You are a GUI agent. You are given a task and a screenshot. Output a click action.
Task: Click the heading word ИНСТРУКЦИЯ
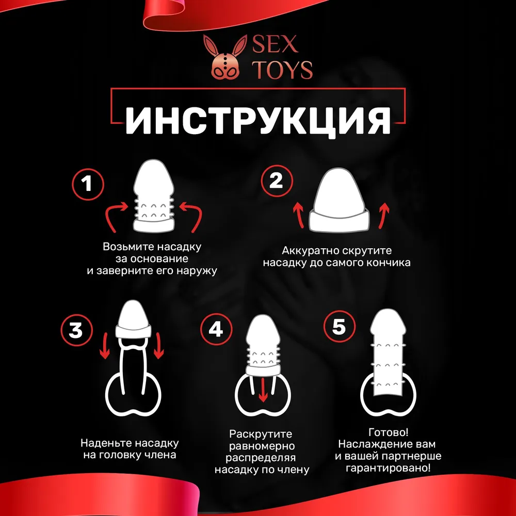pos(258,121)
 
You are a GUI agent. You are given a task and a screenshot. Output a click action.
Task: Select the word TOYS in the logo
pos(282,70)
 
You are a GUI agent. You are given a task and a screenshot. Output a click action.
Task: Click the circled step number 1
pos(88,184)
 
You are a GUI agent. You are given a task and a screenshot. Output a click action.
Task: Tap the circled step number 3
pos(76,329)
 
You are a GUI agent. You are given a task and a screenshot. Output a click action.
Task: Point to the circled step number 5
pos(338,328)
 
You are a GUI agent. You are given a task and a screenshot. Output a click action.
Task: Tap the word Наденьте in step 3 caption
pos(103,443)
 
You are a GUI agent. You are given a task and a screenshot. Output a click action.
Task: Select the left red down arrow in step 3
pos(105,346)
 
